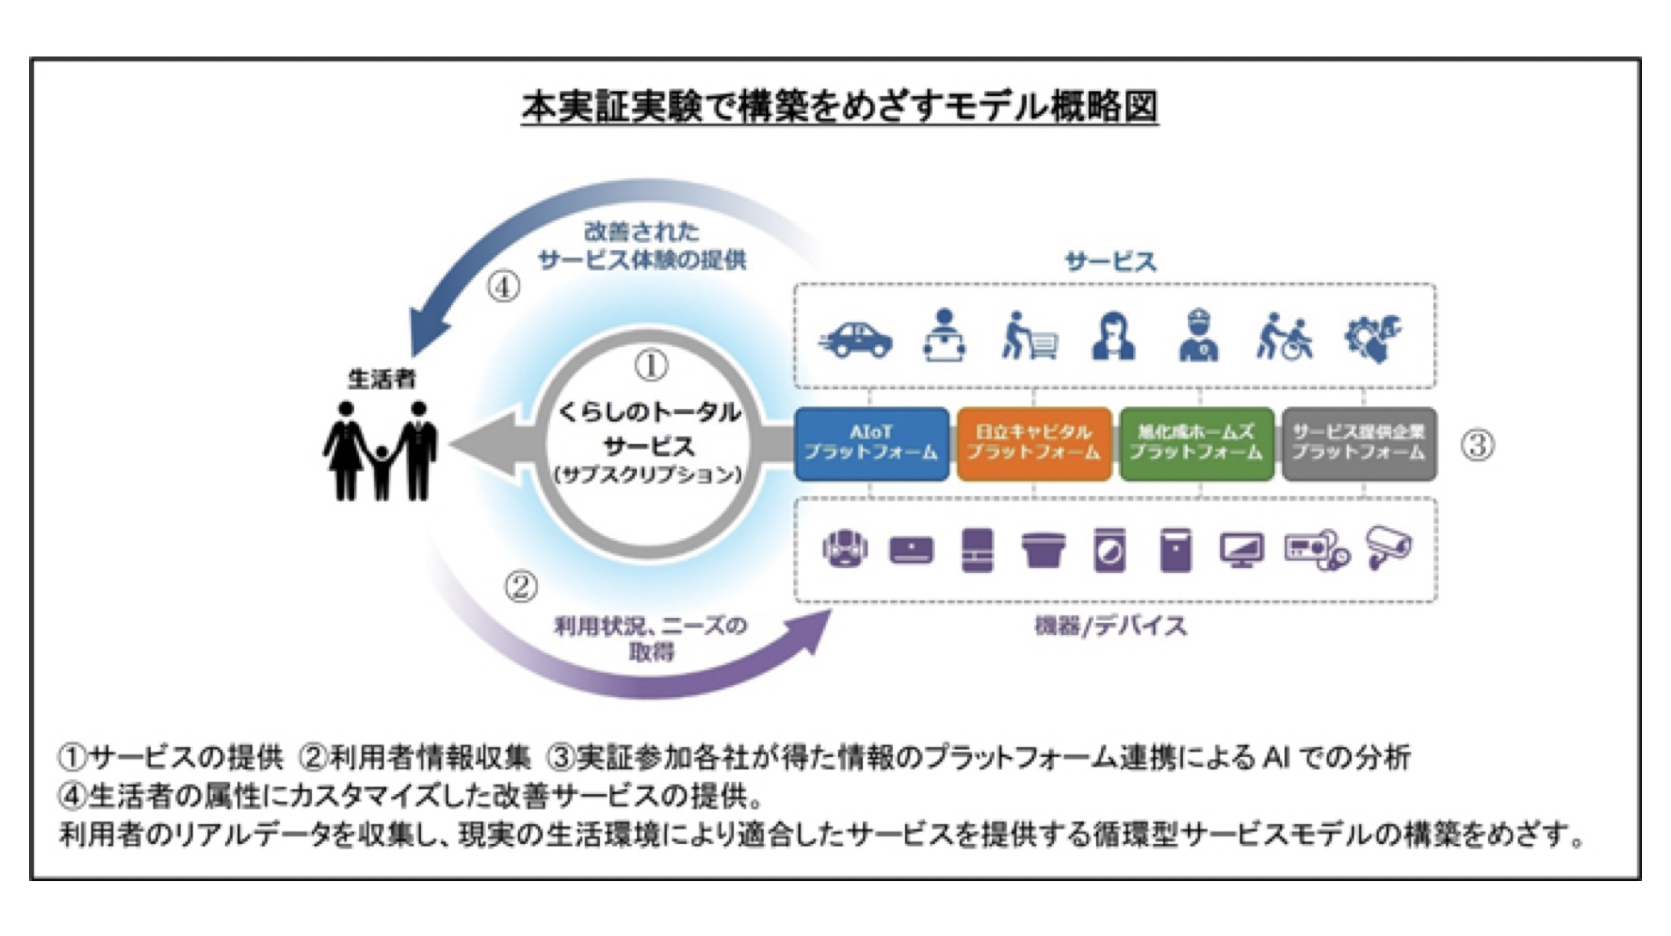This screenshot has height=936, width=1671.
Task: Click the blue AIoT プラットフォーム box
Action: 871,443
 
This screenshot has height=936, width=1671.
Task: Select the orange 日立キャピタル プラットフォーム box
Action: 1034,443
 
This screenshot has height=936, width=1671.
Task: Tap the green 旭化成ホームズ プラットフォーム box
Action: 1196,443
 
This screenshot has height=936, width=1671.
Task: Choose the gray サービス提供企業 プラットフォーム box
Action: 1359,443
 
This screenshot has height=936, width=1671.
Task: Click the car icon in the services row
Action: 856,339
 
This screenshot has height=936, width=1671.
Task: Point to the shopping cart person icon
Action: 1028,336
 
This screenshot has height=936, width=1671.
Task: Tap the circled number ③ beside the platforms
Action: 1477,445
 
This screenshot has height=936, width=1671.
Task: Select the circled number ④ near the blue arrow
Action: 503,286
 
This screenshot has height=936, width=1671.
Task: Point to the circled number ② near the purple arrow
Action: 521,587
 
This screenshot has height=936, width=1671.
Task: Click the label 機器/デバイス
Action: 1111,625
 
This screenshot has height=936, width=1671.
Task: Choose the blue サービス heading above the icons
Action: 1111,261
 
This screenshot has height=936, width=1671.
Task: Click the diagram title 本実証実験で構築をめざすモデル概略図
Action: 840,107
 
